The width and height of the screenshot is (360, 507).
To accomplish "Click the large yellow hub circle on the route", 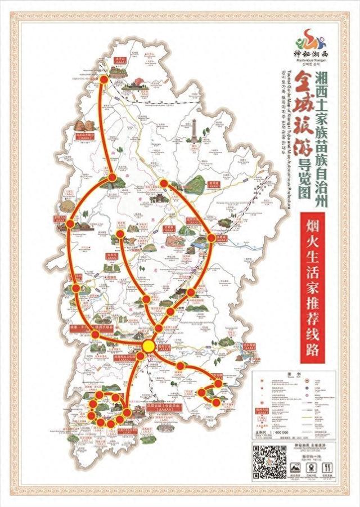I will pos(148,345).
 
